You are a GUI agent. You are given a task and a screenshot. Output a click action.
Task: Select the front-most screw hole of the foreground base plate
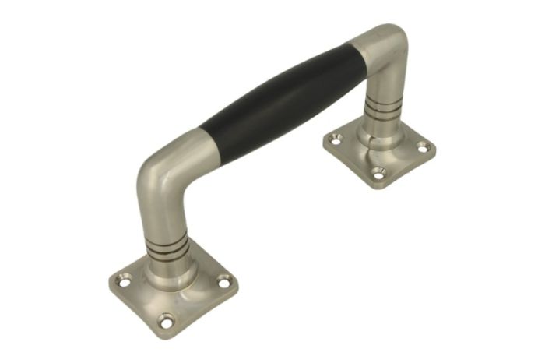click(165, 318)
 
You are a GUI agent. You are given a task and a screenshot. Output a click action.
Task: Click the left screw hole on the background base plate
click(336, 139)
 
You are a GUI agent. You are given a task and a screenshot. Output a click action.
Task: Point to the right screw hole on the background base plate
click(423, 146)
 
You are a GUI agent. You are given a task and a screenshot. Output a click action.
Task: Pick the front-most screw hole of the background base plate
click(378, 173)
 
